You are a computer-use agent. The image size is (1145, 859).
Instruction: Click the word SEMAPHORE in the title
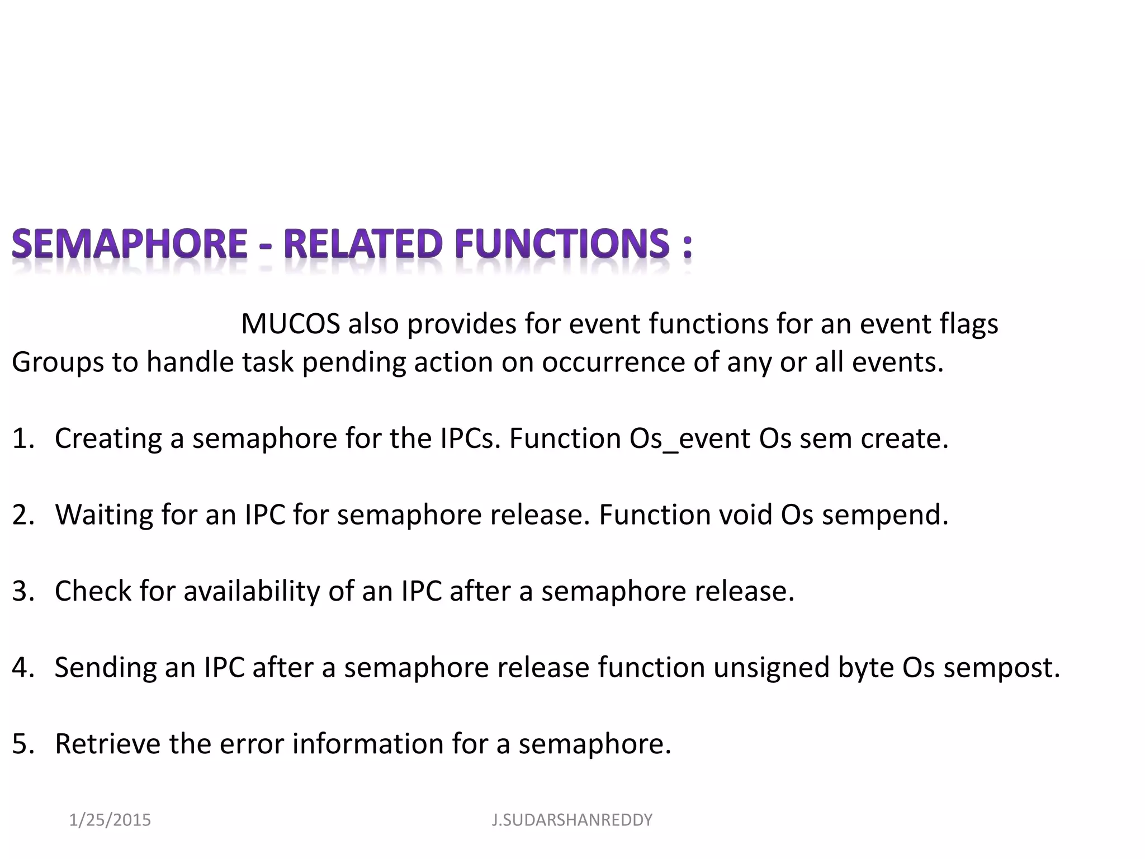pos(129,244)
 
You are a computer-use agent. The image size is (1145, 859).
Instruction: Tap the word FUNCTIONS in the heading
pos(561,244)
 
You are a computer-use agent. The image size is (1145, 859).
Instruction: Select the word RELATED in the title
pos(363,244)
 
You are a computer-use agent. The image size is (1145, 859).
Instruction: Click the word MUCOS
pos(290,324)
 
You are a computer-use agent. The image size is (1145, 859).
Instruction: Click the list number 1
pos(23,438)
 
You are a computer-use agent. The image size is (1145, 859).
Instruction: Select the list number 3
pos(23,591)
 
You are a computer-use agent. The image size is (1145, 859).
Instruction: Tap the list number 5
pos(23,744)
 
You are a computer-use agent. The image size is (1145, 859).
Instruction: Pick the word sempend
pos(884,515)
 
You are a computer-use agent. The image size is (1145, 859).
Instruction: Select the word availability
pos(251,591)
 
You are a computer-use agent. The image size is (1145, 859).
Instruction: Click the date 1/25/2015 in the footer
pos(110,820)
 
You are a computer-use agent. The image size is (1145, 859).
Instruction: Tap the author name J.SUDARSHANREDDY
pos(572,820)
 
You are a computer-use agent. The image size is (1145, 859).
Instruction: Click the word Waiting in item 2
pos(104,515)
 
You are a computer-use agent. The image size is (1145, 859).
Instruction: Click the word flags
pos(968,324)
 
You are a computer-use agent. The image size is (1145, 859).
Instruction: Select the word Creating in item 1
pos(108,438)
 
